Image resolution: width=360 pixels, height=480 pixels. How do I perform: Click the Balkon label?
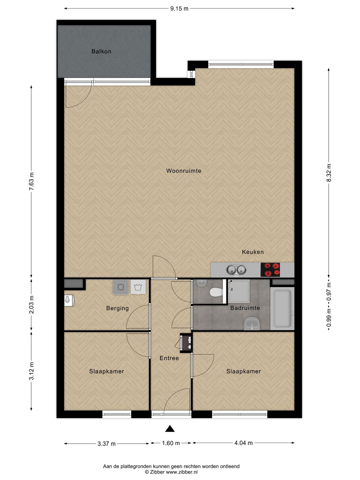(x=101, y=51)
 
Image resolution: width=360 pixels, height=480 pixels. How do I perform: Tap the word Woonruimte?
(x=184, y=171)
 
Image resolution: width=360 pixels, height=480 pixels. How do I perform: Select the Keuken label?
(x=253, y=252)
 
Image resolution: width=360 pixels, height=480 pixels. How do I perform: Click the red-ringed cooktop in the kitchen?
(x=270, y=270)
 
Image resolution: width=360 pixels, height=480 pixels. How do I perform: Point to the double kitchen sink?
(x=236, y=270)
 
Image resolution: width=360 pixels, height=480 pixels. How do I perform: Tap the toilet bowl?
(x=216, y=292)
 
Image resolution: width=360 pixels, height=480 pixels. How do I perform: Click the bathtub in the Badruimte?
(x=282, y=308)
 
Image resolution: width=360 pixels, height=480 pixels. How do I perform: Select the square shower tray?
(x=238, y=291)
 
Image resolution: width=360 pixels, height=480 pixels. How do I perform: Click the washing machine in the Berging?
(x=121, y=287)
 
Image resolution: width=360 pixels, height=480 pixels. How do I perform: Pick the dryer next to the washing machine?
(x=138, y=287)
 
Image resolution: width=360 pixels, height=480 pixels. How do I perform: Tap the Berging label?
(x=117, y=308)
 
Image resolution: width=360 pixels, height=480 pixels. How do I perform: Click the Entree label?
(x=169, y=358)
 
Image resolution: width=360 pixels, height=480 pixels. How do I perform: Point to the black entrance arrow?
(x=170, y=429)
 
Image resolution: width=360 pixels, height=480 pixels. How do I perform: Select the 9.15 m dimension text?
(x=179, y=9)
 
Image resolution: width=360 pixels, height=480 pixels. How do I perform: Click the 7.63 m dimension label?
(x=32, y=181)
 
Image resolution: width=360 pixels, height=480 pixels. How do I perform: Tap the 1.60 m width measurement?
(x=171, y=443)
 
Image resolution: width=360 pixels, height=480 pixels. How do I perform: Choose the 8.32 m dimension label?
(x=329, y=173)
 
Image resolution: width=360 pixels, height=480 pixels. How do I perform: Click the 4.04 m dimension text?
(x=243, y=443)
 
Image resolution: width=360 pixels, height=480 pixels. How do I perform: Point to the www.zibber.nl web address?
(x=182, y=472)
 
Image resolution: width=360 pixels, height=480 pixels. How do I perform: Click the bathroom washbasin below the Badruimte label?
(x=252, y=323)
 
